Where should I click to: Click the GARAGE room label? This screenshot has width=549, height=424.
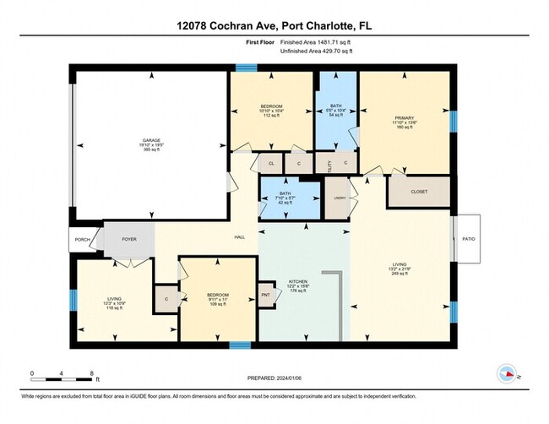tap(151, 141)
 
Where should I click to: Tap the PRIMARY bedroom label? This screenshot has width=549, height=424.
tap(405, 119)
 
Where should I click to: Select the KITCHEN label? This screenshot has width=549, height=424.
tap(298, 281)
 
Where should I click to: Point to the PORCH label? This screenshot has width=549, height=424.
tap(81, 239)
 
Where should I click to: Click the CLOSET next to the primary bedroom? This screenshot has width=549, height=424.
tap(419, 192)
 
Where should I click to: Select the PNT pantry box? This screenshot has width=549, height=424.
tap(266, 295)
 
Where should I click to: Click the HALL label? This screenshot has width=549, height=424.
tap(240, 239)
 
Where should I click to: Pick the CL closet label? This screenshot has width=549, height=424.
tap(271, 163)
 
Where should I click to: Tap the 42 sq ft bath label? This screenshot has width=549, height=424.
tap(285, 198)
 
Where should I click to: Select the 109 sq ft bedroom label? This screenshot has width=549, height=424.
tap(218, 299)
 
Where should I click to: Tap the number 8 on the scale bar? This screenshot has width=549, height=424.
tap(90, 372)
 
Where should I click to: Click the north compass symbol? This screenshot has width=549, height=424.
tap(507, 372)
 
